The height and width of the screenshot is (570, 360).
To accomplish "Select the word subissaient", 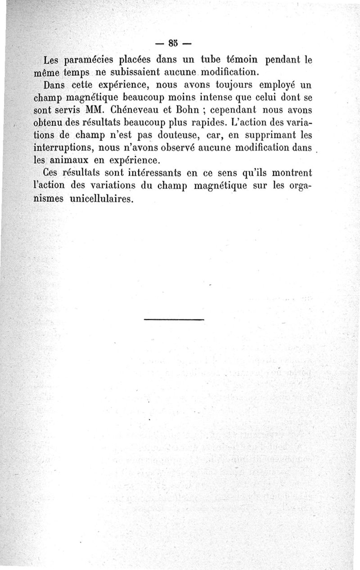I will click(x=135, y=72).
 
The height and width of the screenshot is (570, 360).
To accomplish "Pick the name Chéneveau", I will click(x=126, y=109).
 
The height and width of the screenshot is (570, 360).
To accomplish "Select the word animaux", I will click(x=76, y=160).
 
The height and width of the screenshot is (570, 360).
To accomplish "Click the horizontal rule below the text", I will click(x=174, y=319).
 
